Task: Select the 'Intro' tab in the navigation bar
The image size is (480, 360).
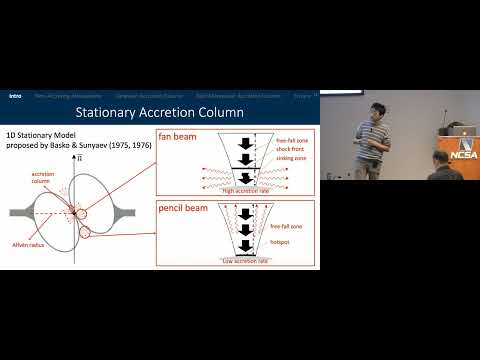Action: [x=15, y=96]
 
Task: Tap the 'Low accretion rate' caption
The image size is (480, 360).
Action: [x=244, y=260]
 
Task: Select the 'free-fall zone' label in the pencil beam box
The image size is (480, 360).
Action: [x=287, y=227]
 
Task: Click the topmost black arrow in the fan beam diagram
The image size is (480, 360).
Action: [x=244, y=142]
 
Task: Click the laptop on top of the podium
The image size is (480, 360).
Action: [x=456, y=129]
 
